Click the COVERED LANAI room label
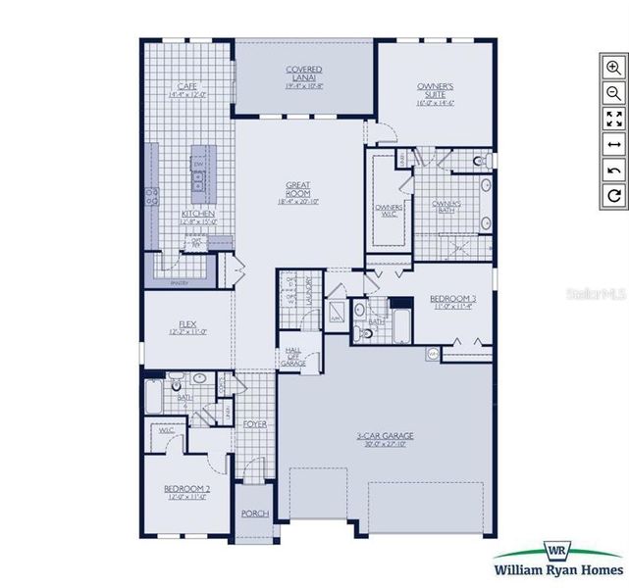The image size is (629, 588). click(x=304, y=70)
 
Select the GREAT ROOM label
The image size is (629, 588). click(x=298, y=185)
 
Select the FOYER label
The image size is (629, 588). click(x=255, y=424)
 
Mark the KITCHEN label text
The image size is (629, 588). click(x=198, y=215)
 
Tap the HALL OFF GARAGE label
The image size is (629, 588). click(x=293, y=356)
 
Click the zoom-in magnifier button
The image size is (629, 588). click(x=614, y=68)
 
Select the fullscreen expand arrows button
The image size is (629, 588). click(x=614, y=119)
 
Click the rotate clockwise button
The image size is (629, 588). click(x=614, y=196)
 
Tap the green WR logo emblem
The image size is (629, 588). click(x=557, y=551)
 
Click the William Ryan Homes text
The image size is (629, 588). click(x=557, y=572)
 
